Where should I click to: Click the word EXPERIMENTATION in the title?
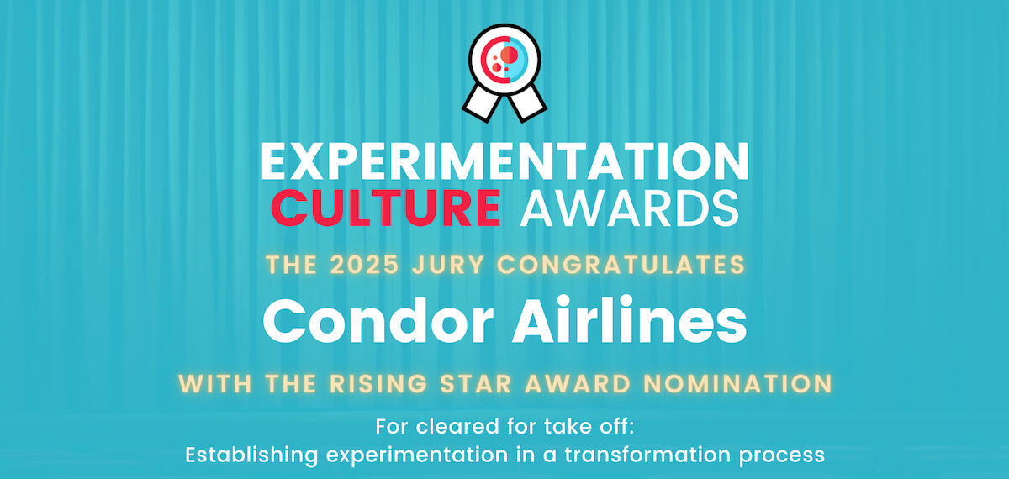[504, 161]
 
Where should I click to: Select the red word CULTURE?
[386, 208]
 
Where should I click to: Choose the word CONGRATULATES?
[621, 265]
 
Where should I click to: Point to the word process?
[783, 457]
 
